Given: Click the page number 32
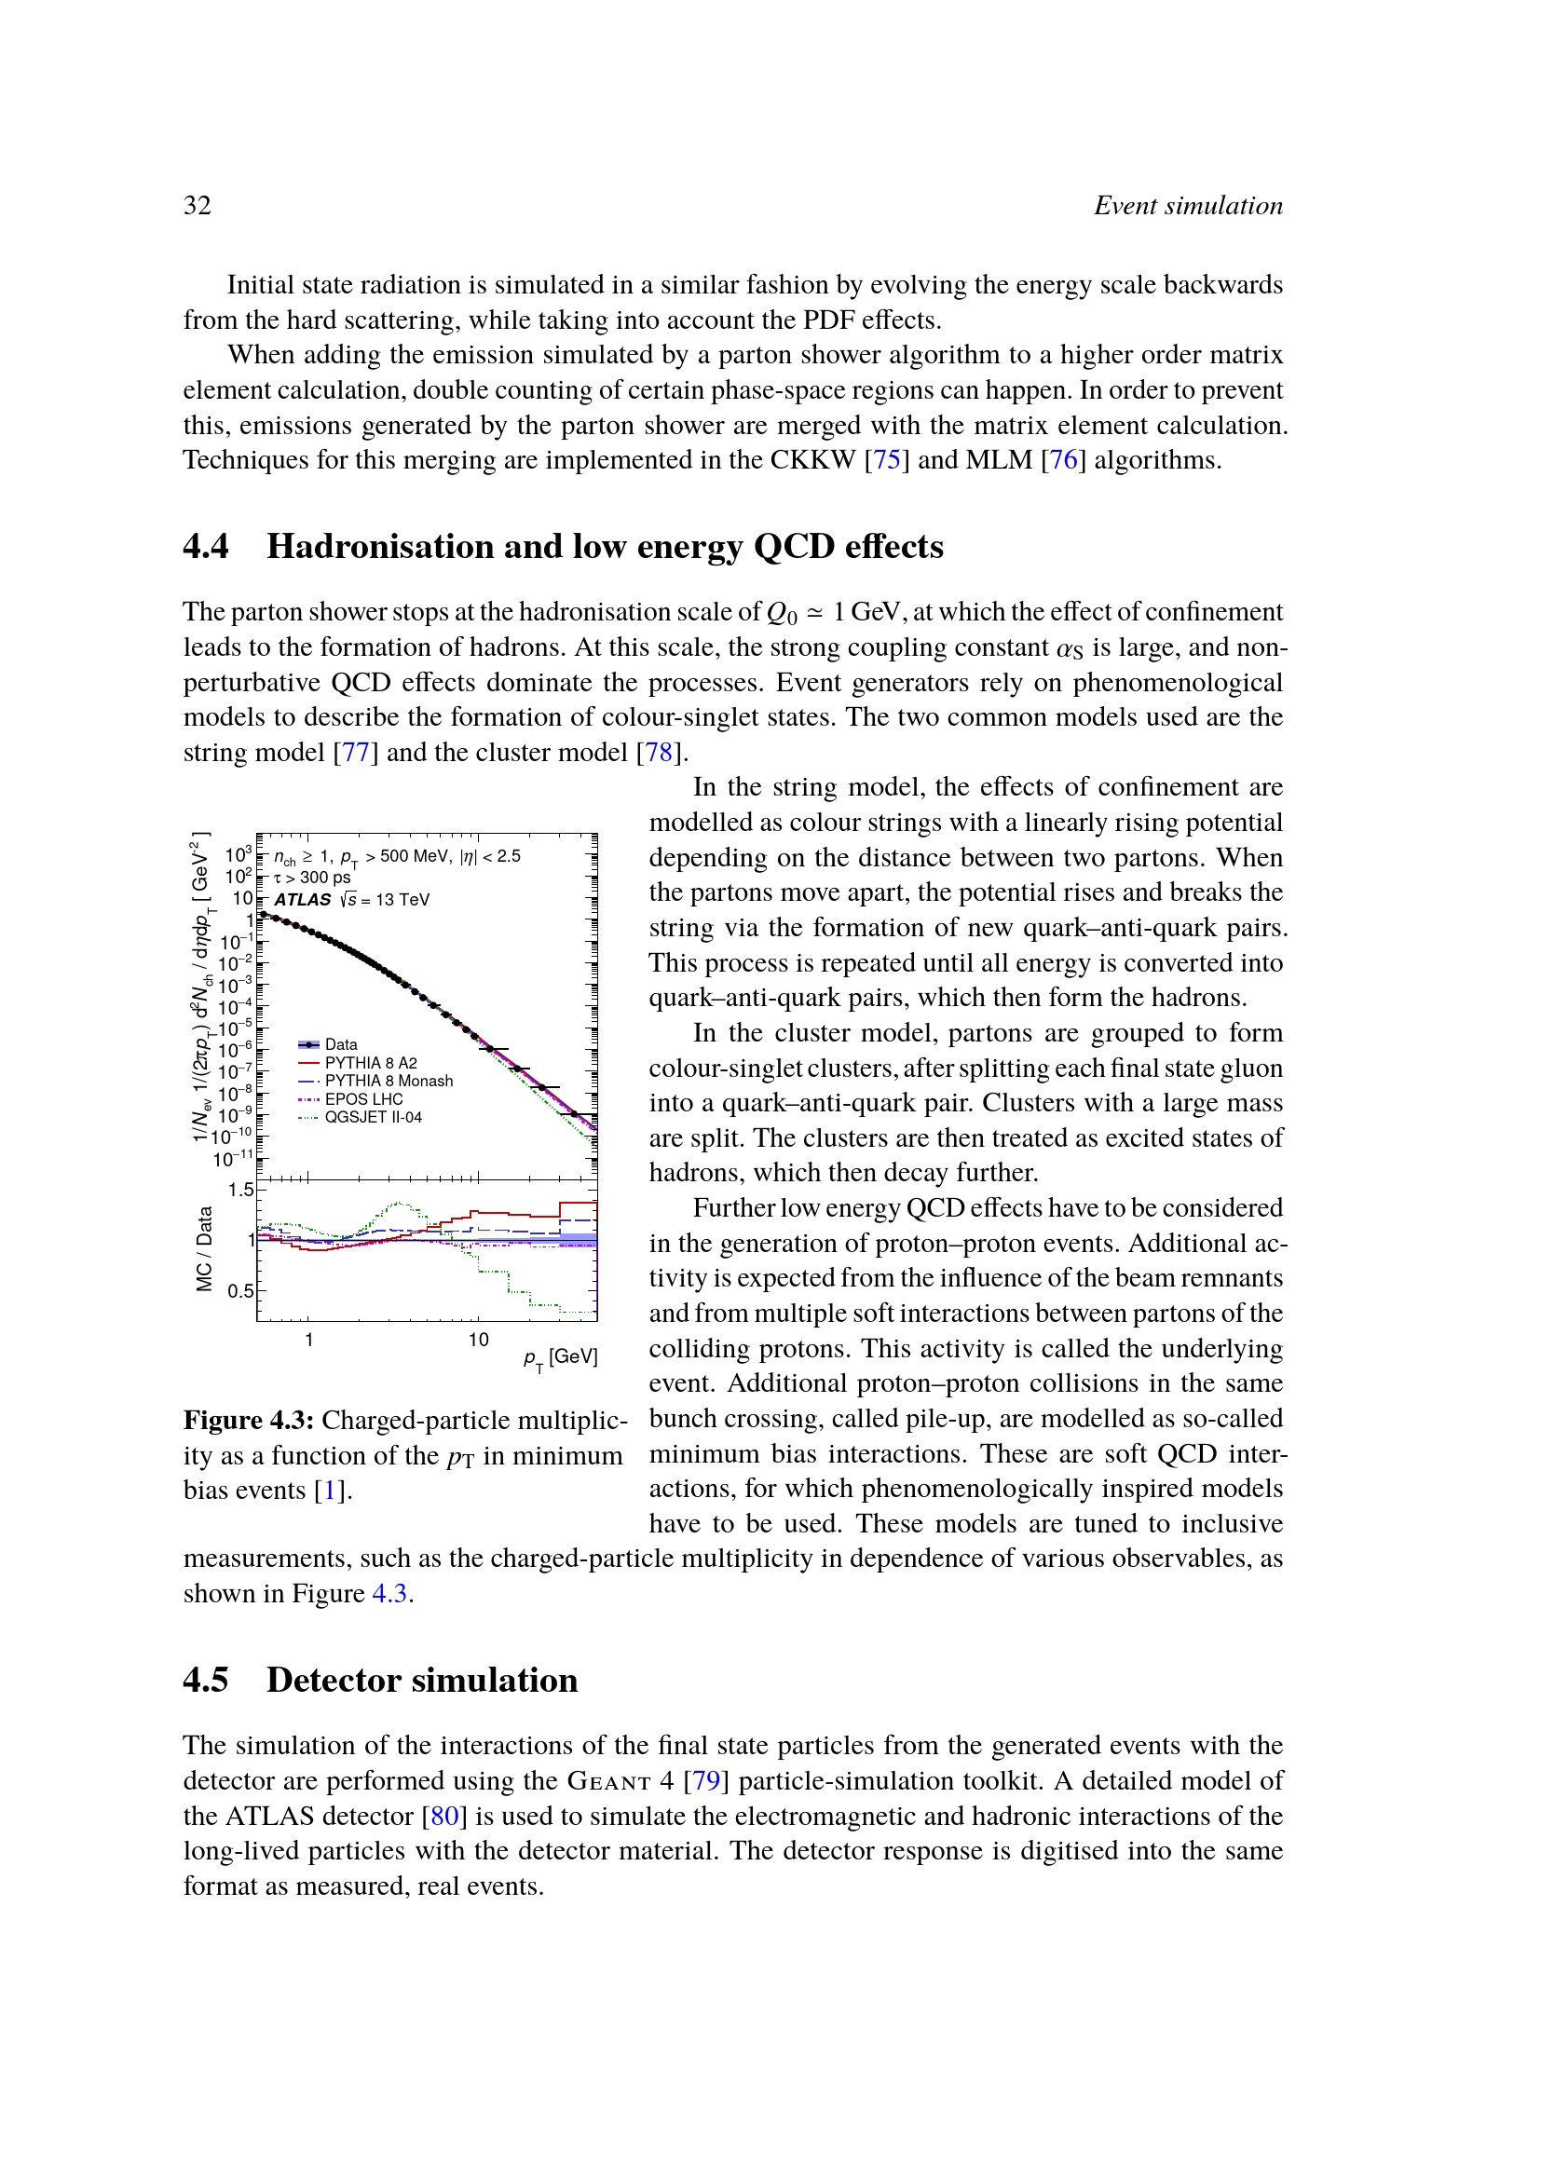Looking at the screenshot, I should pos(198,205).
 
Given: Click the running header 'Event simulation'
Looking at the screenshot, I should pos(1188,205).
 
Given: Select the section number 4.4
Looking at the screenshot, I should pos(206,547).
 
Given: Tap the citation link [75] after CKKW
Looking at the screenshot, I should pos(886,460).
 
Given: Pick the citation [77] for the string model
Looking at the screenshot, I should pos(355,753).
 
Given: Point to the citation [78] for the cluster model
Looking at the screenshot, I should pos(659,753).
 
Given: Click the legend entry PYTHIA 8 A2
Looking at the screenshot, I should pos(370,1063).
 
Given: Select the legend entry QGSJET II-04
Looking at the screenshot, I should pos(373,1117).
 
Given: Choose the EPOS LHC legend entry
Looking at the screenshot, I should pos(363,1099).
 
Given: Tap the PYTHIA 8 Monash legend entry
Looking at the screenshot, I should pos(389,1081).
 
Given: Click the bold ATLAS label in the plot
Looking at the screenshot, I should pos(303,900).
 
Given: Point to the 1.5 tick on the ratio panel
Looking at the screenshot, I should pos(240,1190).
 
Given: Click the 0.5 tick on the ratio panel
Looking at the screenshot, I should pos(240,1290).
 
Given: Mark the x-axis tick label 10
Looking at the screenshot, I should pos(478,1340).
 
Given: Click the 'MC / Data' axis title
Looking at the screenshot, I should pos(204,1249).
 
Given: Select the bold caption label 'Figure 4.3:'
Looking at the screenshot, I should pos(249,1421).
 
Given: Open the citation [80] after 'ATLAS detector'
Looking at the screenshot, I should pos(444,1816).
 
